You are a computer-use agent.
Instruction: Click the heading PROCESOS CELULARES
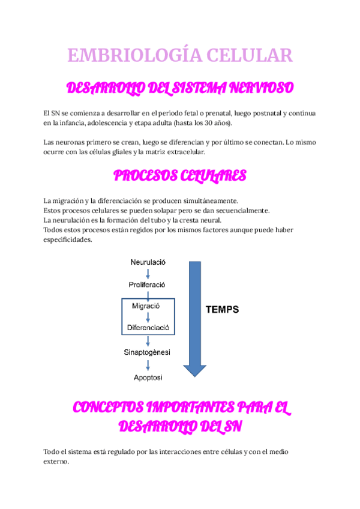(180, 176)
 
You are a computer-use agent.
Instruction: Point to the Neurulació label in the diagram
(148, 262)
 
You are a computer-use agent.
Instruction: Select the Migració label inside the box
(146, 306)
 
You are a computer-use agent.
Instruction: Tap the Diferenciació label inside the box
(148, 328)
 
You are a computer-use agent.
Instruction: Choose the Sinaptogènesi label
(147, 352)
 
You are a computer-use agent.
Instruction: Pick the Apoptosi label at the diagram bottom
(148, 378)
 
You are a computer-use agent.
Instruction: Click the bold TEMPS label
(222, 310)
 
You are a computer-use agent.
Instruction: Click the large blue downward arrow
(194, 318)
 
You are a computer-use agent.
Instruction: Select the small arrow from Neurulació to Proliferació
(148, 273)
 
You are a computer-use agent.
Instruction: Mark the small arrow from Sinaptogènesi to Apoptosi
(148, 365)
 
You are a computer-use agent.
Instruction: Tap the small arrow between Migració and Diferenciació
(148, 317)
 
